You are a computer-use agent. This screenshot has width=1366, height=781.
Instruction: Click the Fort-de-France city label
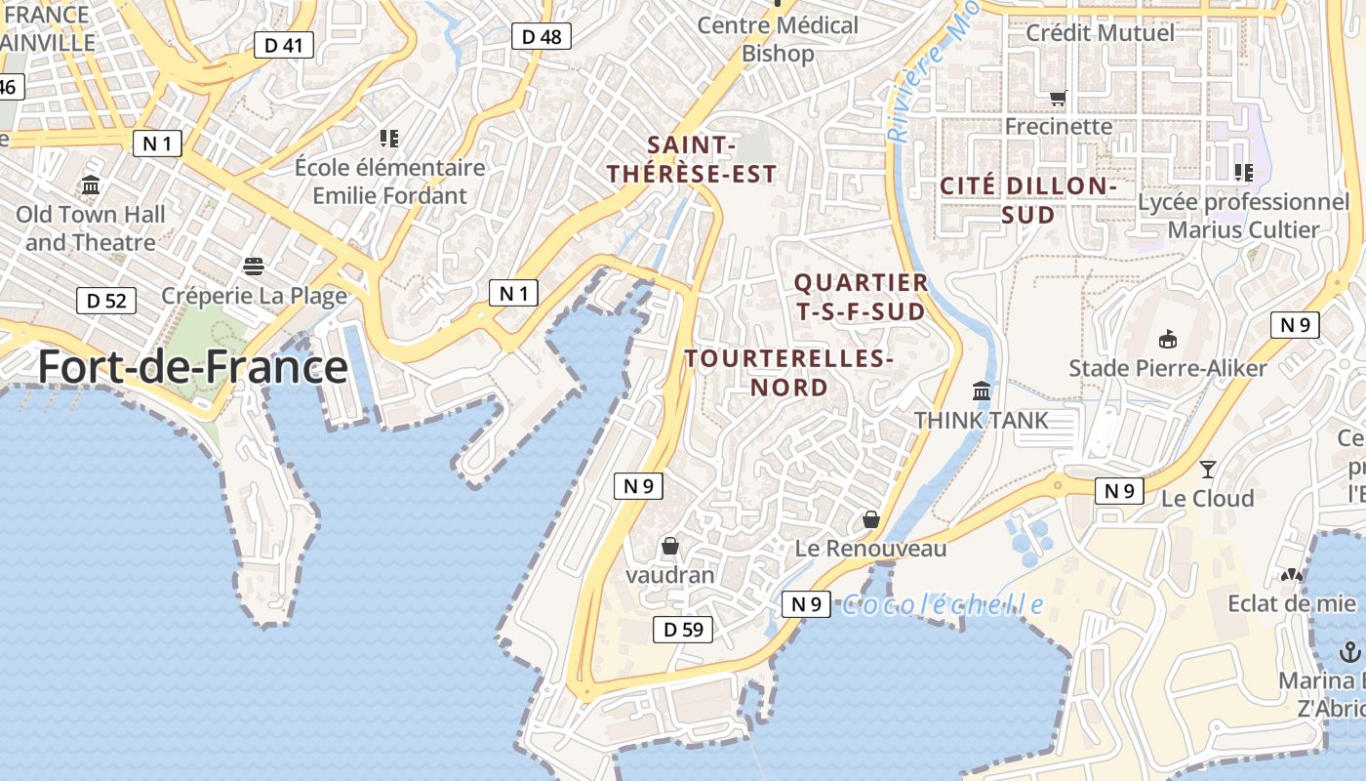pos(192,368)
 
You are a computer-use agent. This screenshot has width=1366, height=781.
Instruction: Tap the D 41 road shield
pos(284,44)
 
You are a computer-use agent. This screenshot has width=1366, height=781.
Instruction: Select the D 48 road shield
pos(542,36)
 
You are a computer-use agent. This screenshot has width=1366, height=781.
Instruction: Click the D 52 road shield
pos(106,300)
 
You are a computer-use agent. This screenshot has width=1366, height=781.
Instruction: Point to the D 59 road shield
pos(683,630)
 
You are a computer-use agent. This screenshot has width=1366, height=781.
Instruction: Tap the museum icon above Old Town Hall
pos(91,185)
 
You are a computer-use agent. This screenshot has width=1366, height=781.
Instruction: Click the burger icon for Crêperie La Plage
pos(254,267)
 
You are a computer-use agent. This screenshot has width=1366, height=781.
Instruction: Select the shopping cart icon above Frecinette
pos(1058,98)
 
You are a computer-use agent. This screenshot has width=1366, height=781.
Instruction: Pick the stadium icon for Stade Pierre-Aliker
pos(1167,339)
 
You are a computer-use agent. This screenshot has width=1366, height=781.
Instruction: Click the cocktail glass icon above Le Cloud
pos(1208,470)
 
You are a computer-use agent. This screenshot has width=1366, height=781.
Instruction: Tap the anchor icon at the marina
pos(1350,651)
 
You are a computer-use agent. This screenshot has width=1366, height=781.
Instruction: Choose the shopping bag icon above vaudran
pos(669,546)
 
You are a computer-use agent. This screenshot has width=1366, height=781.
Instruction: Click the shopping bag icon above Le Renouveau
pos(871,519)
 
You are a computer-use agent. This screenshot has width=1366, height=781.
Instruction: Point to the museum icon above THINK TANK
pos(982,391)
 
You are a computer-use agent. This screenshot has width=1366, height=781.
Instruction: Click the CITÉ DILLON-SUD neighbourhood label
pos(1027,200)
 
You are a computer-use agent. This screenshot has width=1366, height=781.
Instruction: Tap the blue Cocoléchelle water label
pos(943,605)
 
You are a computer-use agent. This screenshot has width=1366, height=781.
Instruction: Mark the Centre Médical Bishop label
pos(778,39)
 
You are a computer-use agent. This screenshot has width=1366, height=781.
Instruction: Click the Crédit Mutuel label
pos(1100,32)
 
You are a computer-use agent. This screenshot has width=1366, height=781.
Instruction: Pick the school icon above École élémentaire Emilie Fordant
pos(390,139)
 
